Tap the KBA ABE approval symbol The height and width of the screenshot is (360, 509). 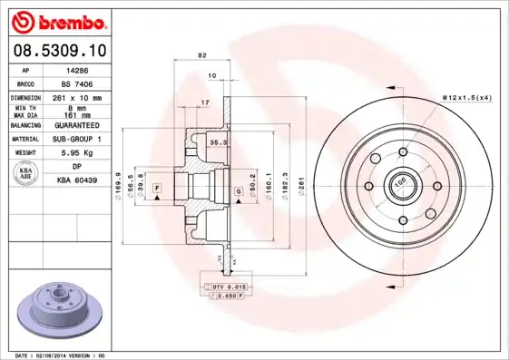click(26, 174)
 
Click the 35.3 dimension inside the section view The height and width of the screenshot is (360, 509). click(218, 142)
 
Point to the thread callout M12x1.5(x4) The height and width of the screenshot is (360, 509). click(466, 96)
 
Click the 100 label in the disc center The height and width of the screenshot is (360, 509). click(399, 181)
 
